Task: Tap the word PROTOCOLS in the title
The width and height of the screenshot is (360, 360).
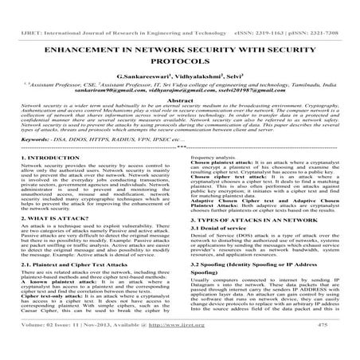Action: (180, 45)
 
